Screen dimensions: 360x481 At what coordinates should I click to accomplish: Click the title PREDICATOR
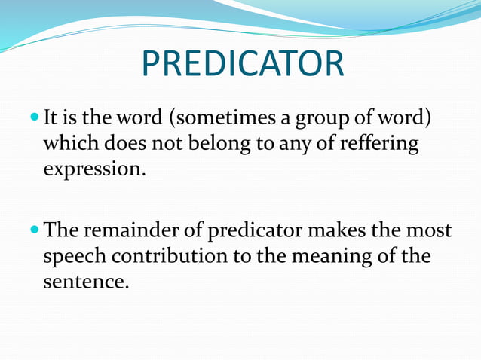pos(242,66)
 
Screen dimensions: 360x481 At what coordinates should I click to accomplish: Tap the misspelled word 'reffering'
pos(381,144)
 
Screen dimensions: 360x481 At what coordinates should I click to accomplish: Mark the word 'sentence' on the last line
pos(81,282)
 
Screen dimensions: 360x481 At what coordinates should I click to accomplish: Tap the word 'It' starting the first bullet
pos(51,119)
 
